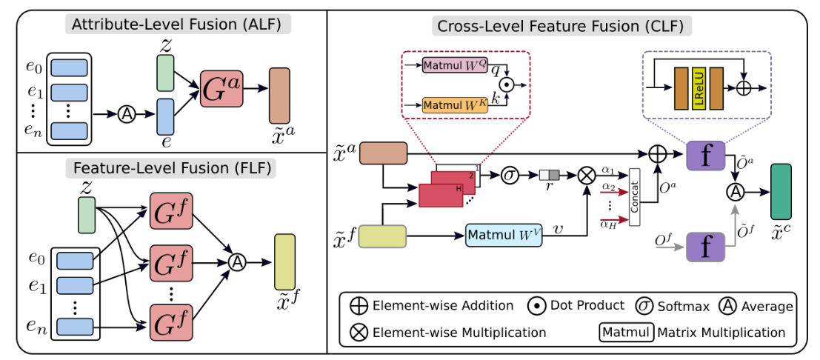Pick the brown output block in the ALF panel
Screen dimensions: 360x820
pos(279,95)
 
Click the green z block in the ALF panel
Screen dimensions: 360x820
pos(164,73)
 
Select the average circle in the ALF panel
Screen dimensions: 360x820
pos(127,114)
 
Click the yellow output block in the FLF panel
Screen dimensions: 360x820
pos(284,261)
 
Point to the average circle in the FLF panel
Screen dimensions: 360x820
pos(237,261)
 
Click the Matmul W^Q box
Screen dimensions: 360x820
pos(455,67)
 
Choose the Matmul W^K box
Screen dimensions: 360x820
pos(455,104)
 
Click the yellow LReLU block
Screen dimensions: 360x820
pos(698,87)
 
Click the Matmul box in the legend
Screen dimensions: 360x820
pos(624,332)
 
